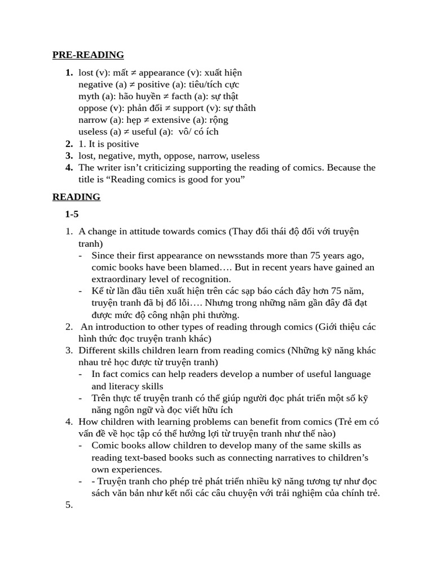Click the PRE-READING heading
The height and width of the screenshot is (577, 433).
88,55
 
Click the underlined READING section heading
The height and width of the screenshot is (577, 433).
76,197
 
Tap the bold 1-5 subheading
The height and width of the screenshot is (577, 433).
72,214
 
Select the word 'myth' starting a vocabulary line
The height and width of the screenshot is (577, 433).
89,96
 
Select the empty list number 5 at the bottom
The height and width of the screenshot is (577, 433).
69,505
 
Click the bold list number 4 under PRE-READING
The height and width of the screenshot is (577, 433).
69,167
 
